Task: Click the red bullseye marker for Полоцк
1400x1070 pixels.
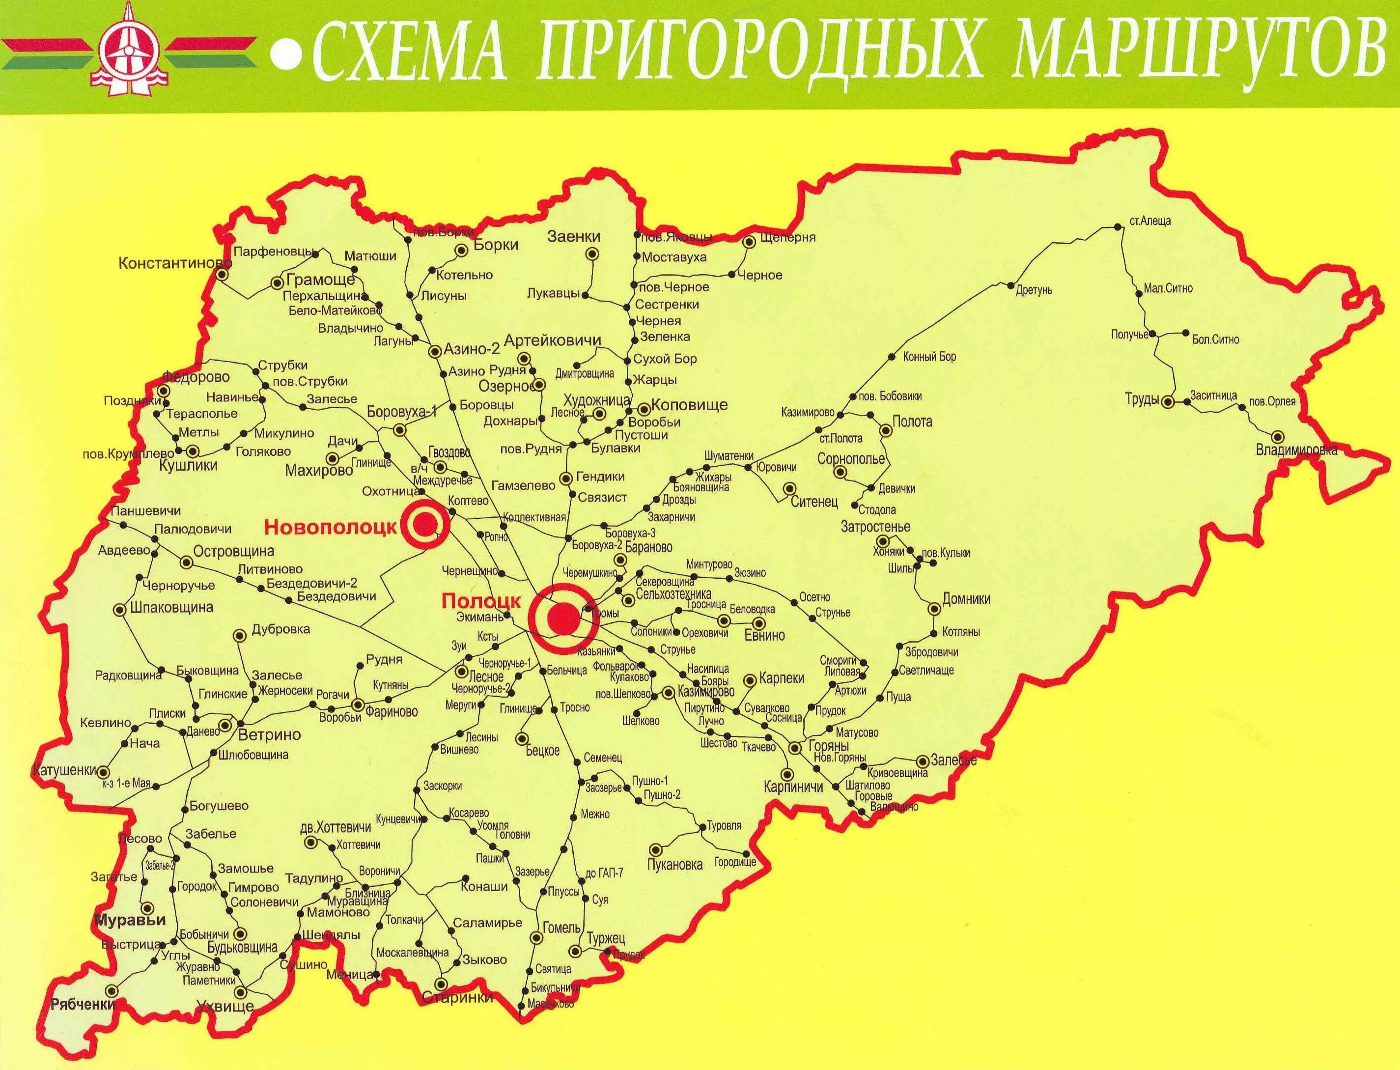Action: point(563,618)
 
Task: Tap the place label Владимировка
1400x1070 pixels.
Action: point(1296,451)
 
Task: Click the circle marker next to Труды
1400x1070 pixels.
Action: point(1168,402)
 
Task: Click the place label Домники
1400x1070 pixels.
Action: point(966,599)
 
